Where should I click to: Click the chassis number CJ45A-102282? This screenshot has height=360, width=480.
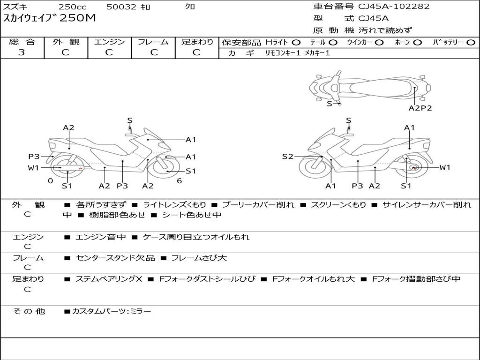(394, 7)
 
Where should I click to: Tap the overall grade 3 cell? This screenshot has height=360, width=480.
(22, 52)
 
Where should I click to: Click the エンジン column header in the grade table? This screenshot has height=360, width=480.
(109, 42)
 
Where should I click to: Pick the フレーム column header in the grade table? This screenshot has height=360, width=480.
(153, 42)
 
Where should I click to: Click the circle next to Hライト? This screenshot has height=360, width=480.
(296, 42)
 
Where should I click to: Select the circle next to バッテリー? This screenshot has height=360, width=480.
(471, 42)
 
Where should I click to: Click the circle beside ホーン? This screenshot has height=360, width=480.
(417, 42)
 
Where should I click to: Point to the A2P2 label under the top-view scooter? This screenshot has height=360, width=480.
(420, 108)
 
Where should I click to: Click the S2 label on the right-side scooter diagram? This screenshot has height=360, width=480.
(287, 157)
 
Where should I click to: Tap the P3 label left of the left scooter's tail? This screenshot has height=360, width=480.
(34, 157)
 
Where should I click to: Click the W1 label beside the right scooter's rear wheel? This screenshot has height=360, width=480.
(444, 167)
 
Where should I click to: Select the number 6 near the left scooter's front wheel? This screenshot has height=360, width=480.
(179, 180)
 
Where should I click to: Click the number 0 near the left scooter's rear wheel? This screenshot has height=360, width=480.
(50, 180)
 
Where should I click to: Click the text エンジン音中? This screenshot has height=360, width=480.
(100, 237)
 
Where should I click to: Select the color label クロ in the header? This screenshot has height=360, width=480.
(190, 7)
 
